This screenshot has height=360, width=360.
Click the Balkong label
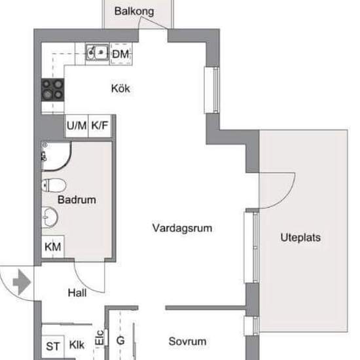point(134,11)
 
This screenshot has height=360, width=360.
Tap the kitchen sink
point(98,52)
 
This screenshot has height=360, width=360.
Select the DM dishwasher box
point(121,54)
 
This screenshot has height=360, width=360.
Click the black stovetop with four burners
point(52,90)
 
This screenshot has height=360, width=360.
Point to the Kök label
point(120,88)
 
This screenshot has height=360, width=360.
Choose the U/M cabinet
point(77,126)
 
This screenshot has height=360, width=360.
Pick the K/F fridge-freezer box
point(100,126)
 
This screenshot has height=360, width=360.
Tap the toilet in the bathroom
point(54,185)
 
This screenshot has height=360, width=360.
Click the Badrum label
point(77,200)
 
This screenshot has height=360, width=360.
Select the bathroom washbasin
point(50,217)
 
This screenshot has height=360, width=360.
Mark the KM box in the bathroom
point(53,247)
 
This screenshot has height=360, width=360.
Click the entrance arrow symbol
point(22,282)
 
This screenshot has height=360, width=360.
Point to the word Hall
point(77,293)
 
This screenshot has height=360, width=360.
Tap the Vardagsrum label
point(182,228)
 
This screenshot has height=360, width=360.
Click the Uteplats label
point(300,238)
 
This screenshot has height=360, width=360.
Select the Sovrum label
point(187,342)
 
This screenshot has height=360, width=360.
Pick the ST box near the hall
point(53,346)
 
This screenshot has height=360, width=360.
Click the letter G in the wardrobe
point(120,340)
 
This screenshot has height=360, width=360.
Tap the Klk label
point(77,345)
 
